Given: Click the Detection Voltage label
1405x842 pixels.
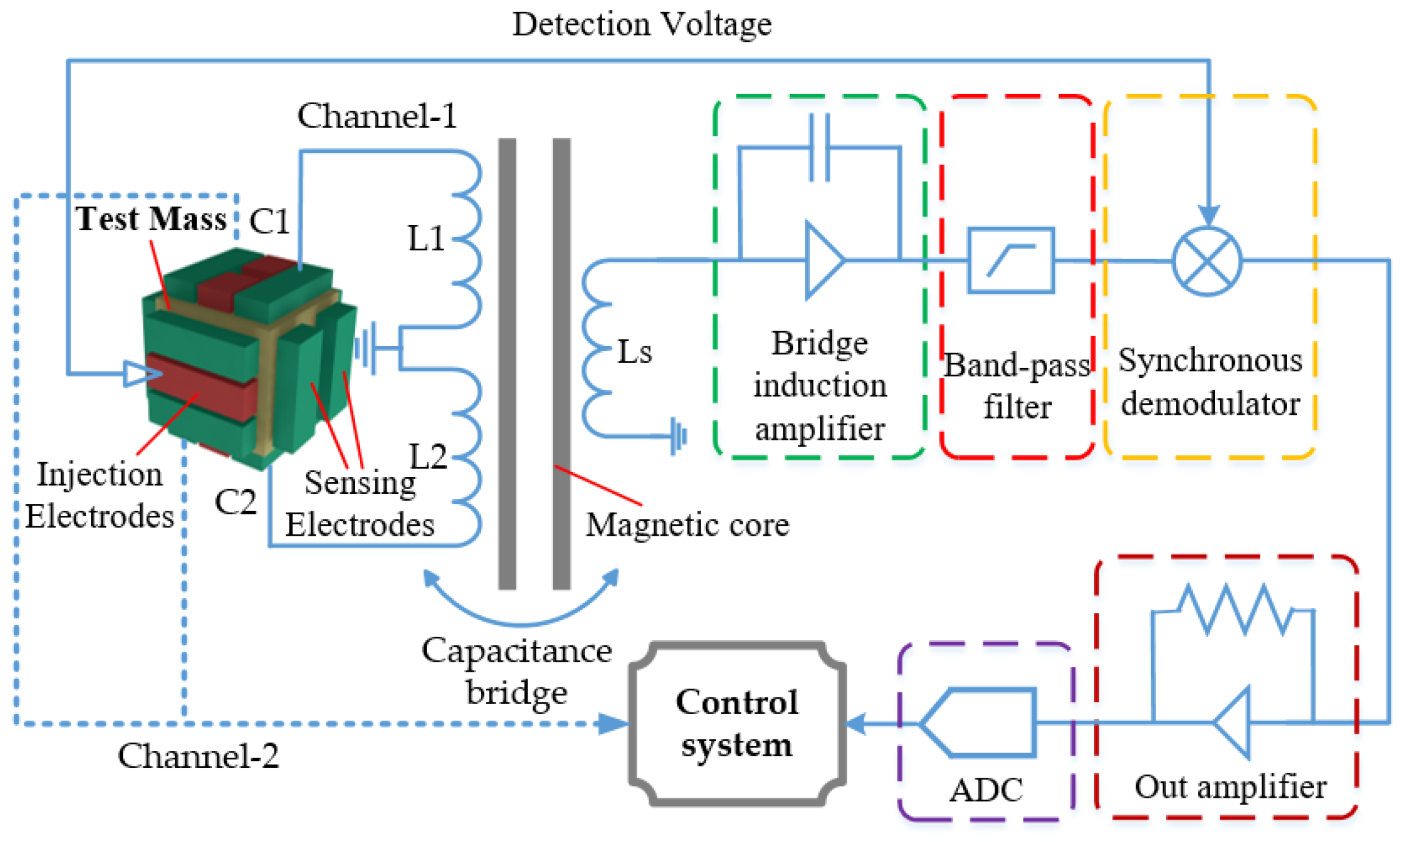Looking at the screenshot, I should pyautogui.click(x=642, y=25).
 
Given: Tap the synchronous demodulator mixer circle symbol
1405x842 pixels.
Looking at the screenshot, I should pyautogui.click(x=1207, y=261).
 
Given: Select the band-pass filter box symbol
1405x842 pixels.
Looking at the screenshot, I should pyautogui.click(x=1011, y=260).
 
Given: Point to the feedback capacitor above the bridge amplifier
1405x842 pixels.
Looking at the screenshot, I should pyautogui.click(x=819, y=148).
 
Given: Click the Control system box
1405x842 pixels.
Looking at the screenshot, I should pyautogui.click(x=737, y=723).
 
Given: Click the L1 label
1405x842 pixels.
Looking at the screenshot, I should pyautogui.click(x=426, y=238).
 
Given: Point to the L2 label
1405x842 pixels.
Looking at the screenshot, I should pyautogui.click(x=428, y=457).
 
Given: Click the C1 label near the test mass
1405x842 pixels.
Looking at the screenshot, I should pyautogui.click(x=269, y=221).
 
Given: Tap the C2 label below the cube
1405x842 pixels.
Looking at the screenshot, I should pyautogui.click(x=235, y=502).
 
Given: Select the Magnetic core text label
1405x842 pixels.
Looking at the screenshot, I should pyautogui.click(x=687, y=525).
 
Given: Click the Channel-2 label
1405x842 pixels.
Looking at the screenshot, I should pyautogui.click(x=198, y=756).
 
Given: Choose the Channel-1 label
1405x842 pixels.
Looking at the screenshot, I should pyautogui.click(x=377, y=116).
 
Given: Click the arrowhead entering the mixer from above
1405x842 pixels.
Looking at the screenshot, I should pyautogui.click(x=1209, y=215).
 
